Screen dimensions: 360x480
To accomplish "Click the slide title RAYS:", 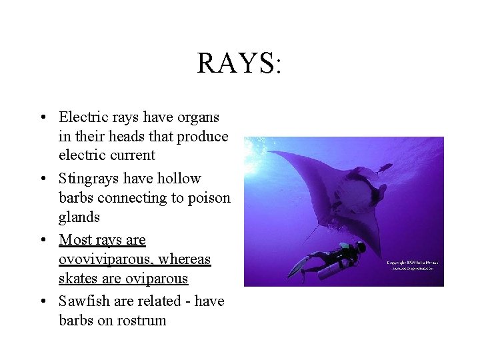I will [x=240, y=63].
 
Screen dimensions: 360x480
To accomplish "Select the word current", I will [x=132, y=155].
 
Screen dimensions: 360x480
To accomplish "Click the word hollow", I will [x=179, y=179].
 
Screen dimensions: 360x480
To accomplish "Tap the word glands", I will [x=79, y=217].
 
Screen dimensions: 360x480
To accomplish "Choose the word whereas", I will [x=185, y=259].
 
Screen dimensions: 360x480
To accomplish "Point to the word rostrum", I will [x=141, y=321].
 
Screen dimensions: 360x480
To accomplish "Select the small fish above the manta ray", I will [x=385, y=168].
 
